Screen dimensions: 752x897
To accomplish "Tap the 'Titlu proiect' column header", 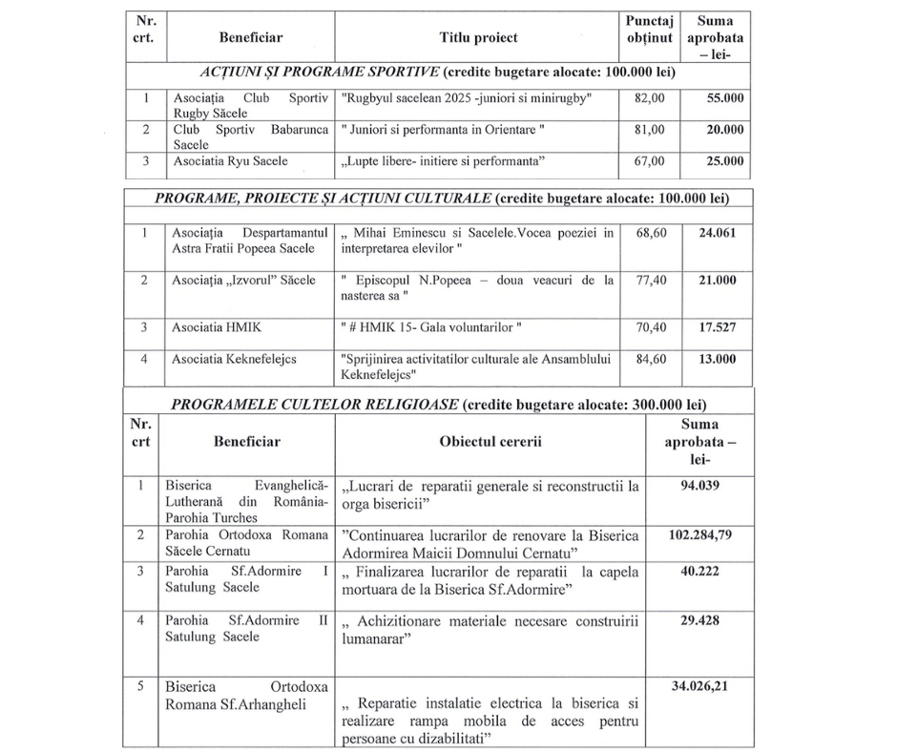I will click(x=478, y=38).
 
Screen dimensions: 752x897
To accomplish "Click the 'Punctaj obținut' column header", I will click(x=649, y=30).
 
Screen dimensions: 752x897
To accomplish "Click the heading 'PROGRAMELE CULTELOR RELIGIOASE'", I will click(x=313, y=404).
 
